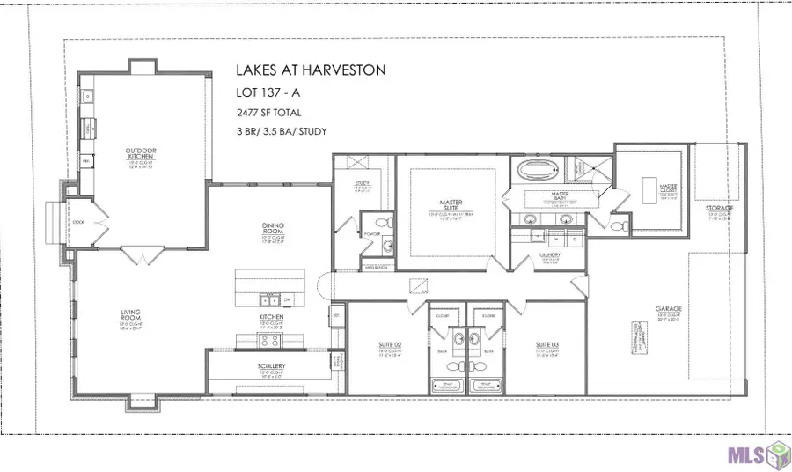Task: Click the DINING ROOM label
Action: [272, 226]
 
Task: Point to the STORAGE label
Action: [719, 208]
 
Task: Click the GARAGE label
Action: [669, 310]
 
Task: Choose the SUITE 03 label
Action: [548, 344]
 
